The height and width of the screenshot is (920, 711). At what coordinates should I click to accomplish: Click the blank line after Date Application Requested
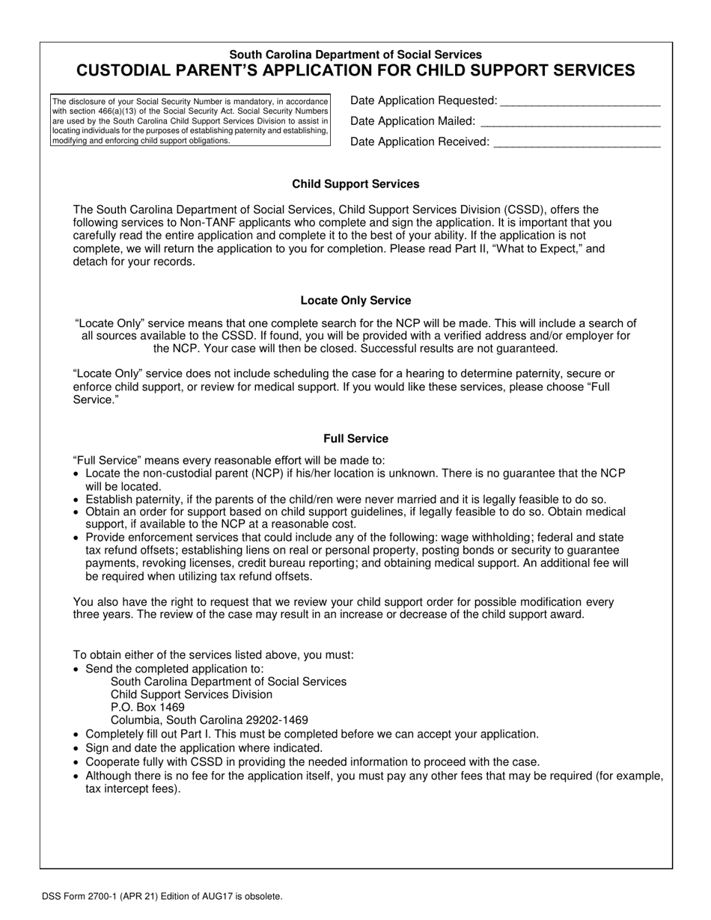tap(580, 102)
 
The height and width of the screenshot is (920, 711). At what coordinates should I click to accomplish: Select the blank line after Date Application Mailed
tap(570, 123)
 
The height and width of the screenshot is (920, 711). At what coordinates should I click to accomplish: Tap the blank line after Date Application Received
tap(576, 144)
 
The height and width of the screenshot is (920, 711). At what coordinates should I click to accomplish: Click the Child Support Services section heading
tap(355, 184)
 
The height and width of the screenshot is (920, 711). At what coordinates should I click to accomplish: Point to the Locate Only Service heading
tap(355, 301)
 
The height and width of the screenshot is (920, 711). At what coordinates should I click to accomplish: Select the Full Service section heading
tap(355, 438)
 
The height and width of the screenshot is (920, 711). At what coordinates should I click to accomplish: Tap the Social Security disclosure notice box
tap(190, 120)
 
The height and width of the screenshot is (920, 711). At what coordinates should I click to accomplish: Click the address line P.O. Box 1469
tap(147, 707)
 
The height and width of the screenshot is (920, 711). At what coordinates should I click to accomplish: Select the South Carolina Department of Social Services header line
tap(355, 55)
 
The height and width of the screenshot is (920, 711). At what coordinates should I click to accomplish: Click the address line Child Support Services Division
tap(192, 694)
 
